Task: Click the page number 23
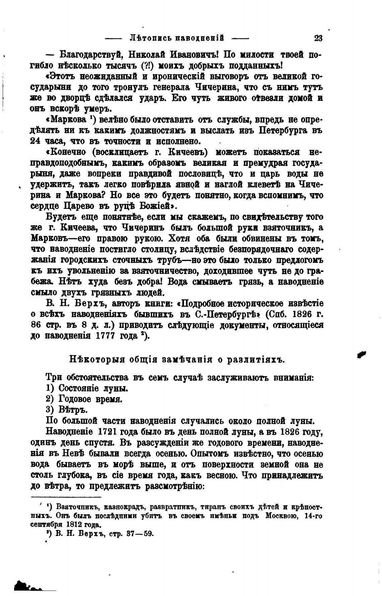click(318, 38)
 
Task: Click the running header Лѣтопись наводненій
click(177, 38)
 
